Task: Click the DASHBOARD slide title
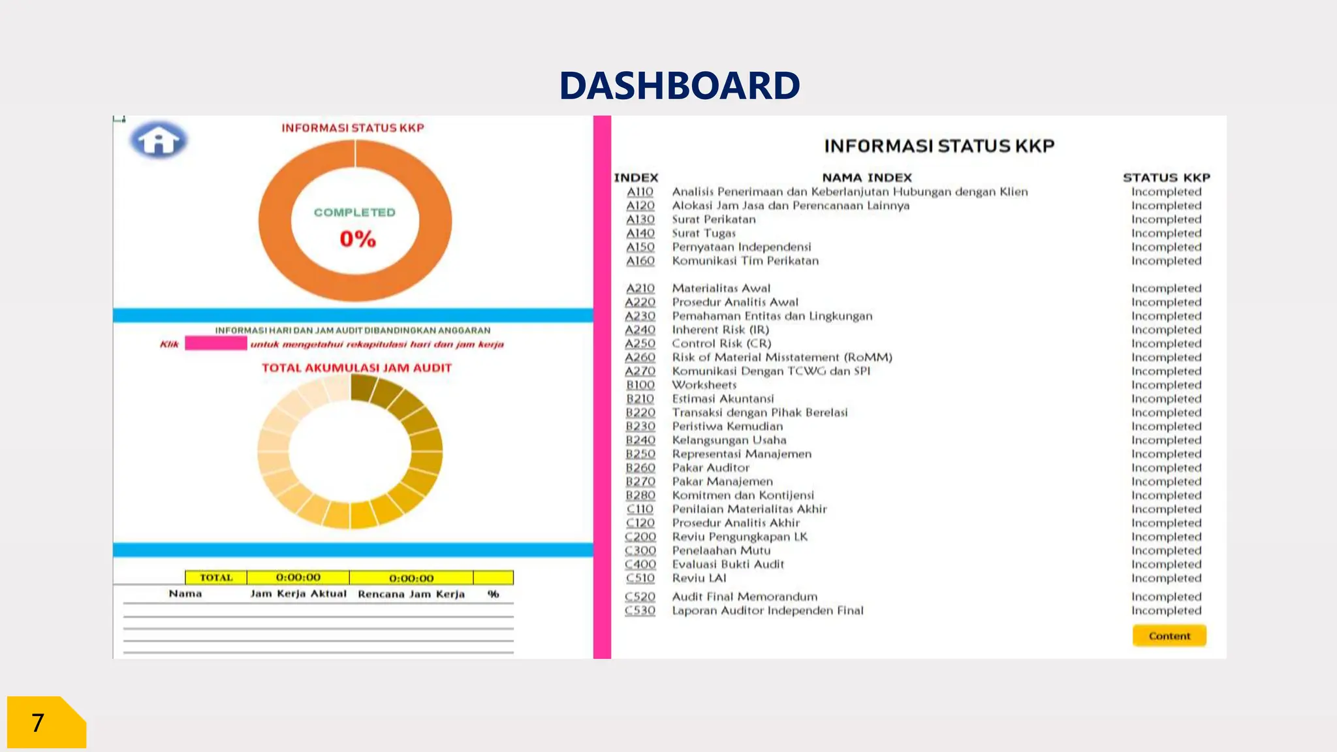(x=679, y=86)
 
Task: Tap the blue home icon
(x=158, y=140)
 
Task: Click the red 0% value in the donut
(x=357, y=239)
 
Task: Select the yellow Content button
(x=1169, y=636)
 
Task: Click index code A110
(x=640, y=192)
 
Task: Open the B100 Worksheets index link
(x=640, y=385)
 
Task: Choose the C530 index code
(x=640, y=610)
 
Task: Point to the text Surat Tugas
(x=704, y=233)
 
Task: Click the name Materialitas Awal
(x=721, y=289)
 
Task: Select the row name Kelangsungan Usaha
(x=729, y=440)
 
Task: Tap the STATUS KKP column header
(x=1166, y=178)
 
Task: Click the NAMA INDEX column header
(x=866, y=178)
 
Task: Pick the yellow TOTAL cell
(x=216, y=578)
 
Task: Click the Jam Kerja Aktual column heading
(x=298, y=594)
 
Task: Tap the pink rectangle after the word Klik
(x=215, y=343)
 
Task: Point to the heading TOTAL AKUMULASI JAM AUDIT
(x=356, y=368)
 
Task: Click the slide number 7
(x=38, y=723)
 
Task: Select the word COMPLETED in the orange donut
(x=354, y=213)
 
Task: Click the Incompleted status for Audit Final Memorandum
(x=1166, y=597)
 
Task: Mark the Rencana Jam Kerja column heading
(x=411, y=594)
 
